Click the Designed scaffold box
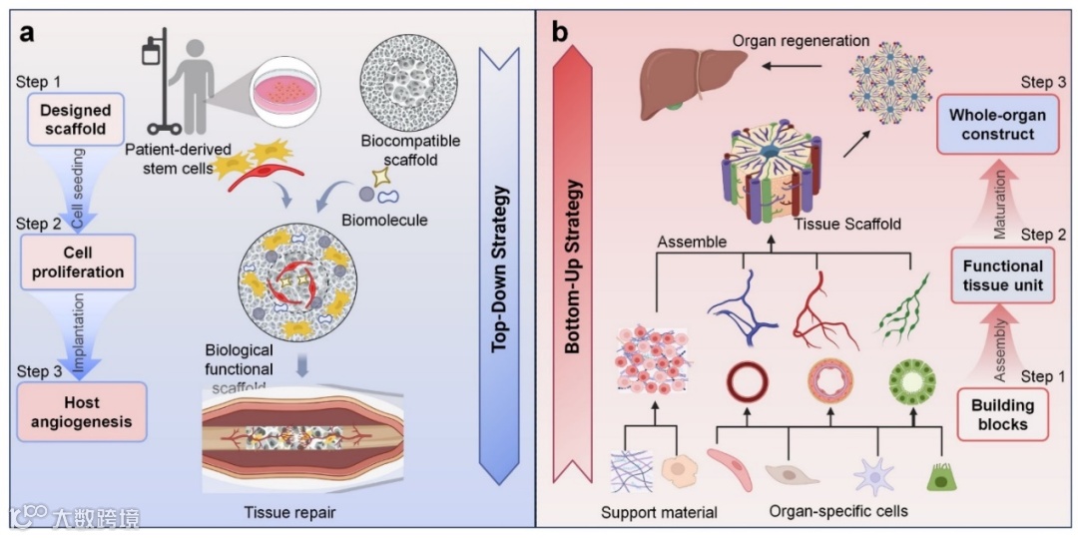point(76,119)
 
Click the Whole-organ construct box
point(999,125)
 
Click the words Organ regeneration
point(801,41)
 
